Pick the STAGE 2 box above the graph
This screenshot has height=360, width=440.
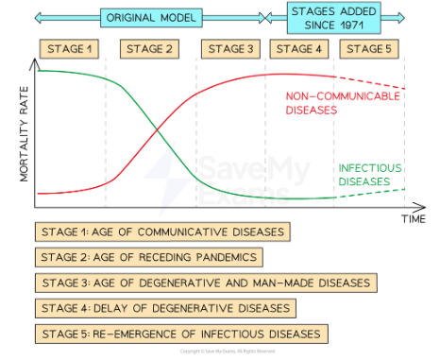coord(151,48)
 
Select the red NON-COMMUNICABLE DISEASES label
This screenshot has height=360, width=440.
coord(324,103)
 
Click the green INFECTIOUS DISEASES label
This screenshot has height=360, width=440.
coord(364,175)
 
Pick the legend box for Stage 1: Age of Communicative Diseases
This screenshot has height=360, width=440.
coord(160,231)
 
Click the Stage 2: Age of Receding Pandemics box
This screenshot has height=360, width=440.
coord(146,257)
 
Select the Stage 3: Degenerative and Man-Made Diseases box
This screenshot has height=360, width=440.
coord(205,283)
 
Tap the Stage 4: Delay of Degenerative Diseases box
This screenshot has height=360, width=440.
coord(165,308)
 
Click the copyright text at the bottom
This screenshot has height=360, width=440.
coord(219,352)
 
